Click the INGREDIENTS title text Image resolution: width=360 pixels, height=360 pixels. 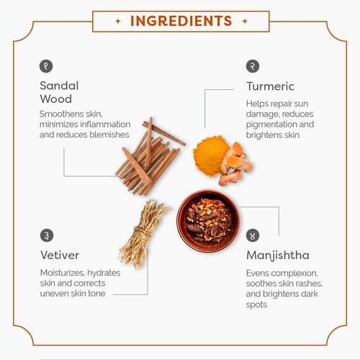[181, 21]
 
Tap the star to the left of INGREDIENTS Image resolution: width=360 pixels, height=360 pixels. [118, 22]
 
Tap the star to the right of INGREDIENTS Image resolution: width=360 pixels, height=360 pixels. [245, 22]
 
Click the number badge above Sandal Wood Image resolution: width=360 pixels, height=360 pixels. [46, 66]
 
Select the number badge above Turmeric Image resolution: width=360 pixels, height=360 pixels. [253, 66]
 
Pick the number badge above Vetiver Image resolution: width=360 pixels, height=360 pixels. [47, 235]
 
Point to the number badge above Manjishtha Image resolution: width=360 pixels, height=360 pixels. [253, 235]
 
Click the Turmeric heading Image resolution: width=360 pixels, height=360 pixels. [270, 86]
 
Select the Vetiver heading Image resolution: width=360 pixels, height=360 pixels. [60, 255]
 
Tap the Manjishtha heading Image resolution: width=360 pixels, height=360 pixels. [278, 256]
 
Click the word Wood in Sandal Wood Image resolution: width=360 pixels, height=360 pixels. [56, 99]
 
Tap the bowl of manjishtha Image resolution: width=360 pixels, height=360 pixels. [208, 221]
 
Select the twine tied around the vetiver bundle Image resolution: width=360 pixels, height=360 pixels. [143, 233]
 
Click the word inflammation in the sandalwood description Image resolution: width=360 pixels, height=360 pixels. [105, 125]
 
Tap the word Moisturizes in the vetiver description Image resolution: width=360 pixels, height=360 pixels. [63, 273]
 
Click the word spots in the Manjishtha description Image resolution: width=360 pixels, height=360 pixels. [256, 305]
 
